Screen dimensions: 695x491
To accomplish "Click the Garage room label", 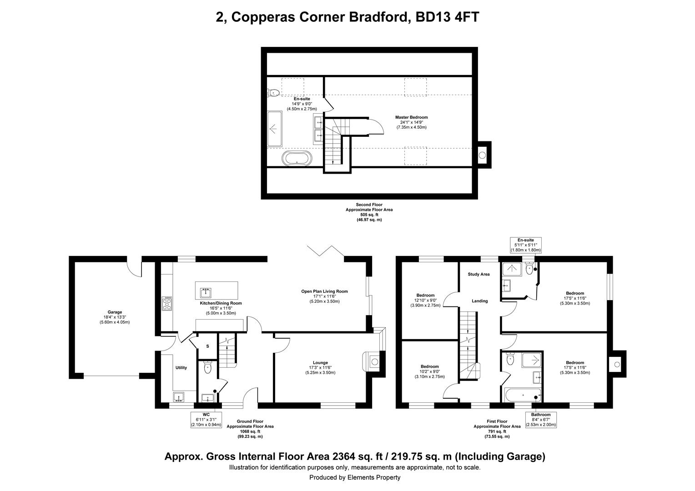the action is [115, 312].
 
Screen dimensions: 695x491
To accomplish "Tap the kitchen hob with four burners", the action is [167, 304].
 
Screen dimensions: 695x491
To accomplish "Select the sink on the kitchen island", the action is [206, 292].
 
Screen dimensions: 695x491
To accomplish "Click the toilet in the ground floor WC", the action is [207, 368].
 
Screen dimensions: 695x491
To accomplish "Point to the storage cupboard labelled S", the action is [207, 346].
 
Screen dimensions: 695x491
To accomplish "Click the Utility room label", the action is [181, 367].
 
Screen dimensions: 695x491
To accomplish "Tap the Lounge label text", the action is [320, 363].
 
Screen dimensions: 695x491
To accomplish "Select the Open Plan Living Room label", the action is [325, 291].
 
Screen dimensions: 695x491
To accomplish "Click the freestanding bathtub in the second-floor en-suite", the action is [297, 159].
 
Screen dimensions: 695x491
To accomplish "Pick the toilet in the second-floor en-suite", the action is [273, 92].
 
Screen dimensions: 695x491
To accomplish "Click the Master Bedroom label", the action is [412, 117].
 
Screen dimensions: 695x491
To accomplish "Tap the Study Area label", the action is [479, 274].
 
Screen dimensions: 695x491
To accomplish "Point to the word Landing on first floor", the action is [480, 301].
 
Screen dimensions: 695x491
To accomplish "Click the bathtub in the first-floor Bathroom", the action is [523, 395].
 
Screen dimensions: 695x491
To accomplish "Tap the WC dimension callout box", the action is [206, 420].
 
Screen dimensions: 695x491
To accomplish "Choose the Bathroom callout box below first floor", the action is [541, 420].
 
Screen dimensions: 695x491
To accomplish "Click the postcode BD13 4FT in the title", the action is [448, 17].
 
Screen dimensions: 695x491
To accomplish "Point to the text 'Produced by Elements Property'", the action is [355, 477].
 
